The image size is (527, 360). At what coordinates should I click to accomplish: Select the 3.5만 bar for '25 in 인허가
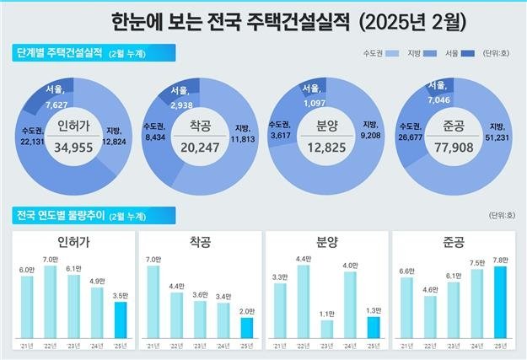click(121, 320)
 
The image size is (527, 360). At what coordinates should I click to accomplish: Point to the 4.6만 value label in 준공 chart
click(430, 289)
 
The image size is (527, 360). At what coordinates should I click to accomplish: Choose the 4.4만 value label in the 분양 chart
click(304, 258)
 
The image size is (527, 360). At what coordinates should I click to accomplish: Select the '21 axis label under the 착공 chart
click(153, 346)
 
